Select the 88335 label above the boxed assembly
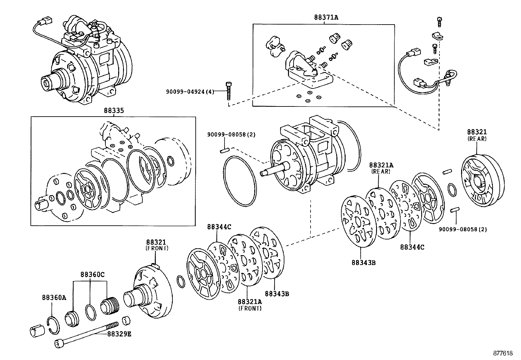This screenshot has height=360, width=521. coord(114,111)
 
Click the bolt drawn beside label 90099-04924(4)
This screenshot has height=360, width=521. coord(228,90)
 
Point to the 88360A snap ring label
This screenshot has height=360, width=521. coord(54,297)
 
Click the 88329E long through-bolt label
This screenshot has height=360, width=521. coord(119,334)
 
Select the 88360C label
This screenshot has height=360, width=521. coord(93,275)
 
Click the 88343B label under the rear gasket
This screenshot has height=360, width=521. coord(364,262)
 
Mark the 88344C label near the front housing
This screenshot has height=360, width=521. coord(219,227)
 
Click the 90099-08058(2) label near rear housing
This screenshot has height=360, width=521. coord(463,229)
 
